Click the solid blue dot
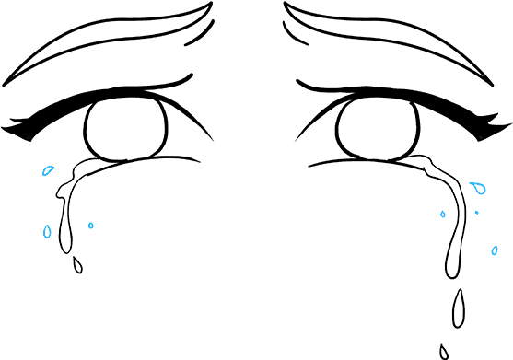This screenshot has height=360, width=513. point(476,213)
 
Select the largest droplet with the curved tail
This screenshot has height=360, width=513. point(478,189)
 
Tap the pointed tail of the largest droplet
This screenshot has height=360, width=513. point(470,184)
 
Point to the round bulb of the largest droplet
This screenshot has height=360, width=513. point(480,190)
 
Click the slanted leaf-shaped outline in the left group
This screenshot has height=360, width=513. point(48,170)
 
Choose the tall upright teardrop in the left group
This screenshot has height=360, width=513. point(47,231)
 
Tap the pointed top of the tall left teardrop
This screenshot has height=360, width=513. point(47,224)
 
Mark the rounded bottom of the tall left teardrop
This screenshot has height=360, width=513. point(47,237)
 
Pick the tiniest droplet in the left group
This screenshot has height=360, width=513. point(90,226)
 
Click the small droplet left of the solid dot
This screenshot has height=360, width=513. point(443,215)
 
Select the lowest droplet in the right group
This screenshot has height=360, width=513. point(495,250)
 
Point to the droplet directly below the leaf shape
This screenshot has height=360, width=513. point(47,231)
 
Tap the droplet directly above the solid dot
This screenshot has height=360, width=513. point(478,189)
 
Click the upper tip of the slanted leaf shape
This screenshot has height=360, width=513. point(53,167)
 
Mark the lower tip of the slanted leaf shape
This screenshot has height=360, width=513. point(43,174)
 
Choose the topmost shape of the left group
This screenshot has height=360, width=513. point(48,170)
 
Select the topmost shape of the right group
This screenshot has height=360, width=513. point(478,189)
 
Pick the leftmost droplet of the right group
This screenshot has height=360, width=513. point(443,215)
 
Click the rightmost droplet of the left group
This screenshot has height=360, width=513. point(90,226)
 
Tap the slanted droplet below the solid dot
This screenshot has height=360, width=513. point(495,250)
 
